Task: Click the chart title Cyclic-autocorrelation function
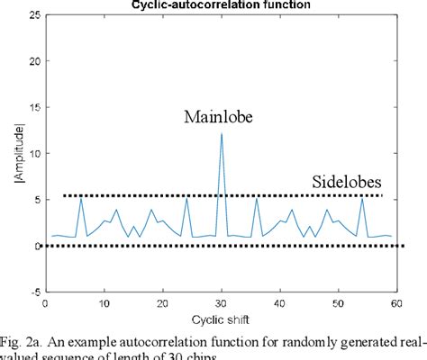[x=220, y=4]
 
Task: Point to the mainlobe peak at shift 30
[x=222, y=133]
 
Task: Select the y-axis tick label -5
[x=32, y=291]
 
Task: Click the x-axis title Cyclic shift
[x=221, y=319]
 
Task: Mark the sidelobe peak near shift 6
[x=81, y=197]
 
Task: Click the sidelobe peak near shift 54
[x=362, y=197]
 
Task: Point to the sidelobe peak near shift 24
[x=186, y=197]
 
